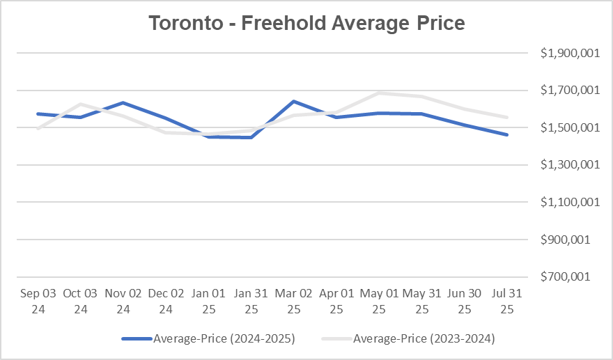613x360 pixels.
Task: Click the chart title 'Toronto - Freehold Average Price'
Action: point(306,23)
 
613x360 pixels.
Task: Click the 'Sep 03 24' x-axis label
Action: point(38,300)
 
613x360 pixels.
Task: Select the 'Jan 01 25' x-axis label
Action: point(208,300)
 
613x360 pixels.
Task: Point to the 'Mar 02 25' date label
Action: point(293,300)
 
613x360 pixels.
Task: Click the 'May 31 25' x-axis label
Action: point(422,300)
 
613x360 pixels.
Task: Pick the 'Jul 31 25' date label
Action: point(507,300)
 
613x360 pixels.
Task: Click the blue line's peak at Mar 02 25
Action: point(293,102)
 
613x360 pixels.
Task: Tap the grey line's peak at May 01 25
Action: point(379,93)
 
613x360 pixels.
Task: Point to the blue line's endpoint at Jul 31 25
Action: point(507,135)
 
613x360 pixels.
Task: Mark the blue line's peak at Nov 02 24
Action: point(123,103)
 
